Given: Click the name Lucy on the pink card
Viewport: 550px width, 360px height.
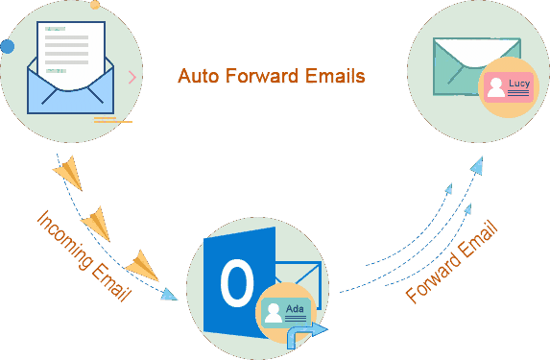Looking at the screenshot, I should [x=519, y=84].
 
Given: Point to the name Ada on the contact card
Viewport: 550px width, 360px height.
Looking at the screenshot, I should [x=295, y=307].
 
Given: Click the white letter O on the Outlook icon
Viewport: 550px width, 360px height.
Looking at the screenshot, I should [x=237, y=283].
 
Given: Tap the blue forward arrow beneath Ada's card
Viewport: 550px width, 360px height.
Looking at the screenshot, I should [x=308, y=330].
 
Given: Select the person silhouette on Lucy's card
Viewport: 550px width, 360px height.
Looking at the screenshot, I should [x=496, y=89].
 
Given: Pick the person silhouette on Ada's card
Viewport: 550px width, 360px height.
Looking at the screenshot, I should [x=273, y=312].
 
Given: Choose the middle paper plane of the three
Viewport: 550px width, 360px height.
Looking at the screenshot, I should [x=96, y=225].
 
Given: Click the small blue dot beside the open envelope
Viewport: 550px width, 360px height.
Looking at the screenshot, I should [x=8, y=46].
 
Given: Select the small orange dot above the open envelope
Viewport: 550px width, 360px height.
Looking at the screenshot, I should [x=94, y=5].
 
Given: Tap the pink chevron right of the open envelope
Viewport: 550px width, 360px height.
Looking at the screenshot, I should [x=132, y=77].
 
